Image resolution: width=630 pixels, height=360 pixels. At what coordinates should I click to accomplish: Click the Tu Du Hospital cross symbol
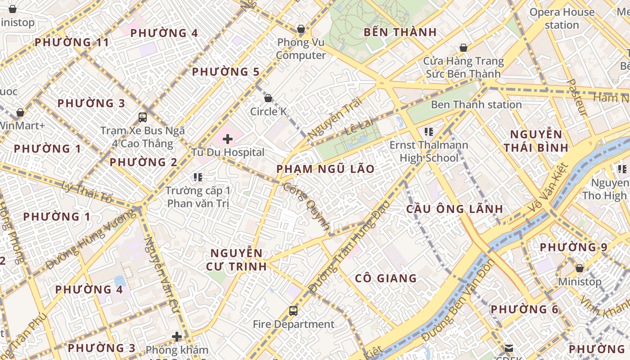pos(228,139)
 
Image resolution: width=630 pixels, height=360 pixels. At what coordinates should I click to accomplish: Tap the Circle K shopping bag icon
pos(268,98)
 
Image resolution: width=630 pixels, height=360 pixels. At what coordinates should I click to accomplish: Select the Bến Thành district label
pos(400,32)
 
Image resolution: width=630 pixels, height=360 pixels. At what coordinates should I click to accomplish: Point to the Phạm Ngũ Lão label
pos(325,169)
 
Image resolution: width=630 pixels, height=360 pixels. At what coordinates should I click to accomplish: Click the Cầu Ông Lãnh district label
pos(454,209)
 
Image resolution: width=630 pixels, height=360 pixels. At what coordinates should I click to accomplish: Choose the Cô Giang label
pos(386,279)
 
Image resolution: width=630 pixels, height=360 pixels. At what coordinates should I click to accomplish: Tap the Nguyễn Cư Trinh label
pos(236,260)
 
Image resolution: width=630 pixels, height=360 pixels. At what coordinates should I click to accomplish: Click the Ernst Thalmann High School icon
pos(429,132)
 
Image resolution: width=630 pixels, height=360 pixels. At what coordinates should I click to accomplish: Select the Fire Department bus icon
pos(293,310)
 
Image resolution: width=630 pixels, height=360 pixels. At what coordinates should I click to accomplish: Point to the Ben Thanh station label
pos(476,105)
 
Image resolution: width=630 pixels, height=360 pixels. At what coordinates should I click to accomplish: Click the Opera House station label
pos(562,18)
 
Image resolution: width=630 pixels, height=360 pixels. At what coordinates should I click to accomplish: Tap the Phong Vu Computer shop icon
pos(301,30)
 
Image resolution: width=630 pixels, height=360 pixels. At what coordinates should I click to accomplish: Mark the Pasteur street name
pos(577,98)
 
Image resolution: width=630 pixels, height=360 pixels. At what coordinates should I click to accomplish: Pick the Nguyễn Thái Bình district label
pos(535,141)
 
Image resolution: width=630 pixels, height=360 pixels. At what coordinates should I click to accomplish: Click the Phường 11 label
pos(72,43)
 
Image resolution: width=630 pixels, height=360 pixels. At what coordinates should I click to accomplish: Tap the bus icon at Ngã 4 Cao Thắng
pos(143,117)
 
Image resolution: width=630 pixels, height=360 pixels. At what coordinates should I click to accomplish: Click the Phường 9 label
pos(573,247)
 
